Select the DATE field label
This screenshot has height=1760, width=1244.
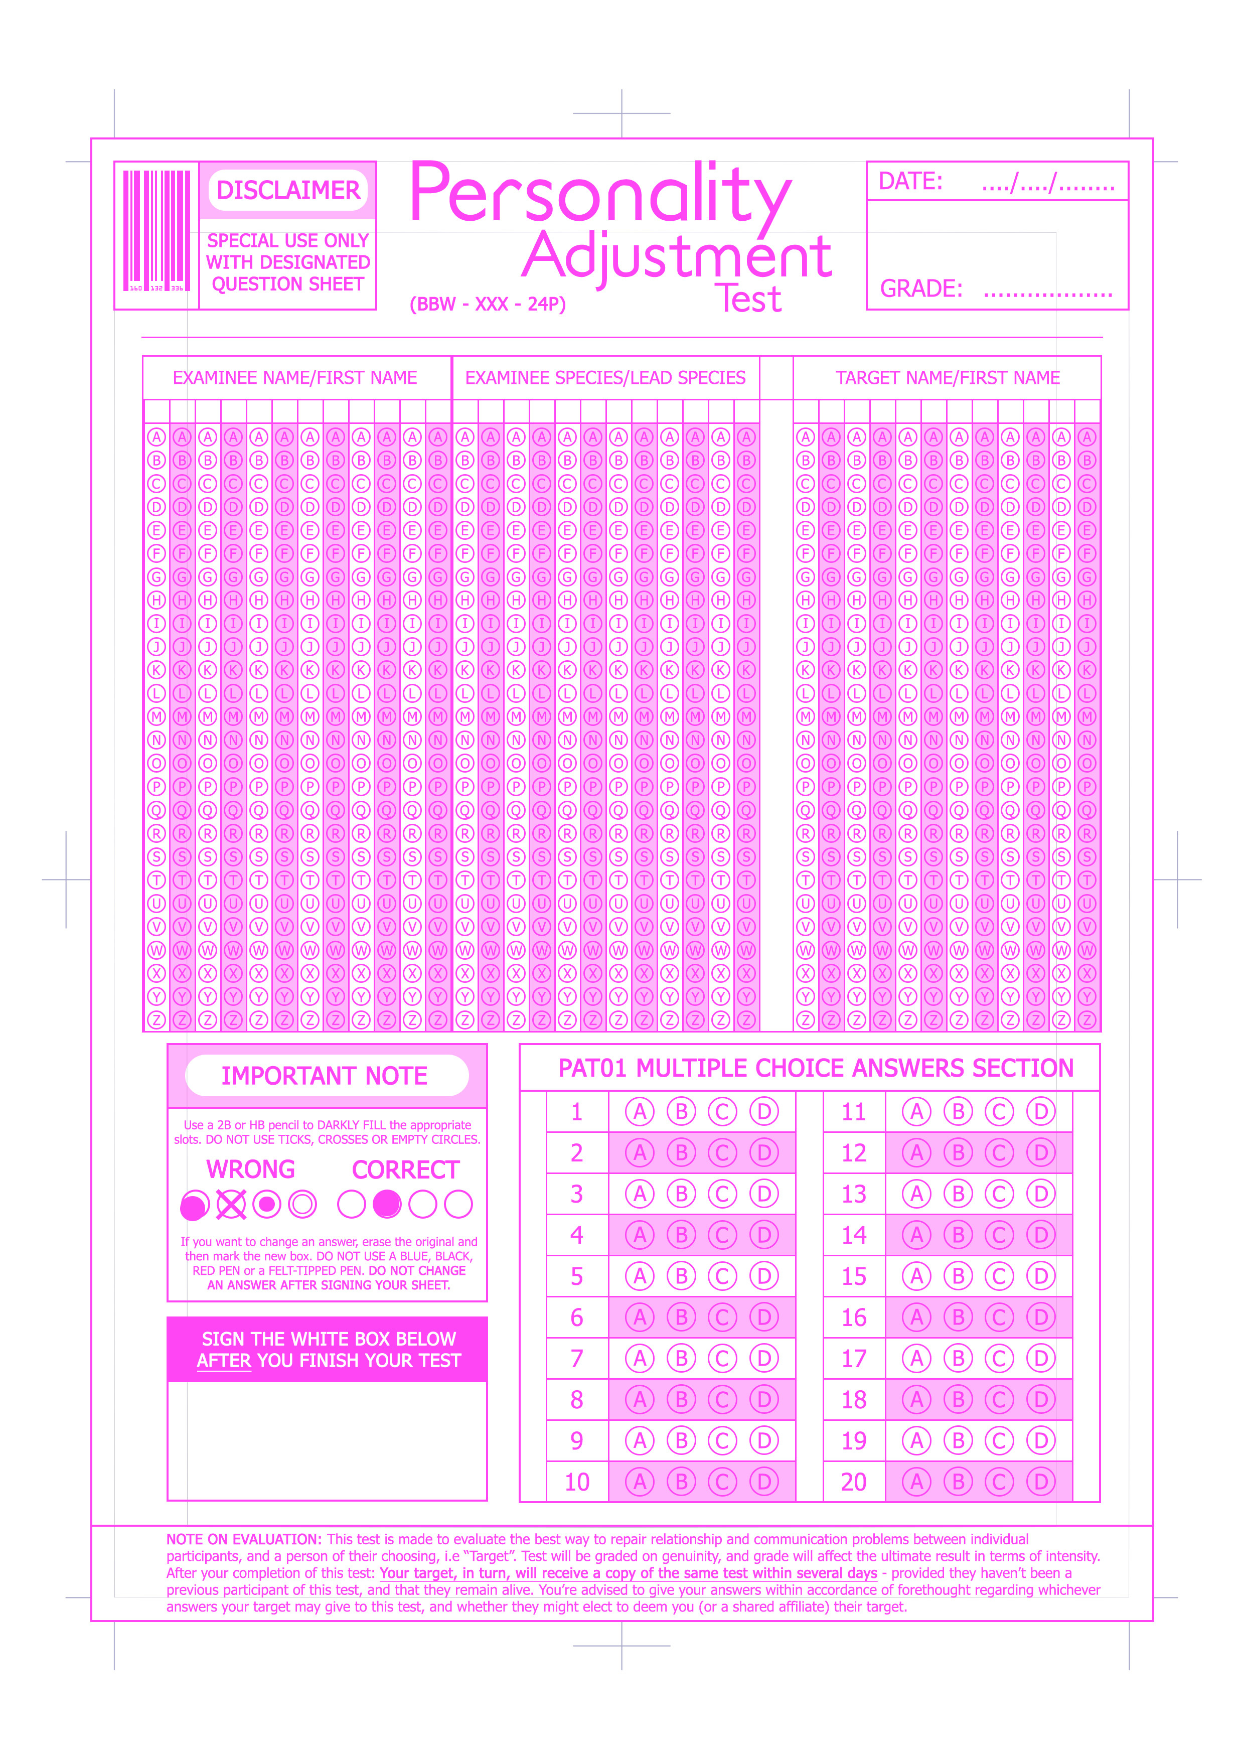[910, 182]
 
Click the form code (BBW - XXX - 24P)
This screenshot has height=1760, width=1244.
[488, 305]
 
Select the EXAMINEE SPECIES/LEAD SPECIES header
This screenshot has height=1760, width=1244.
[605, 378]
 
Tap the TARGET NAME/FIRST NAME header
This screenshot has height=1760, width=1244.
[948, 378]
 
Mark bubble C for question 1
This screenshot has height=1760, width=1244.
[722, 1111]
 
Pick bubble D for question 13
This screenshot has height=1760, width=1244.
[1040, 1194]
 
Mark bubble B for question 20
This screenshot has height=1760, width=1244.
[958, 1482]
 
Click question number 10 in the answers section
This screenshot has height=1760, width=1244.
[577, 1482]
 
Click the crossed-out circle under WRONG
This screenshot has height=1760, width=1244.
[231, 1204]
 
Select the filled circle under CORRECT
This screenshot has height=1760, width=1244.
[387, 1204]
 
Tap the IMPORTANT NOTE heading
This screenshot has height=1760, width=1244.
[324, 1076]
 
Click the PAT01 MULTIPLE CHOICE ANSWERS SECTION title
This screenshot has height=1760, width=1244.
[816, 1068]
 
